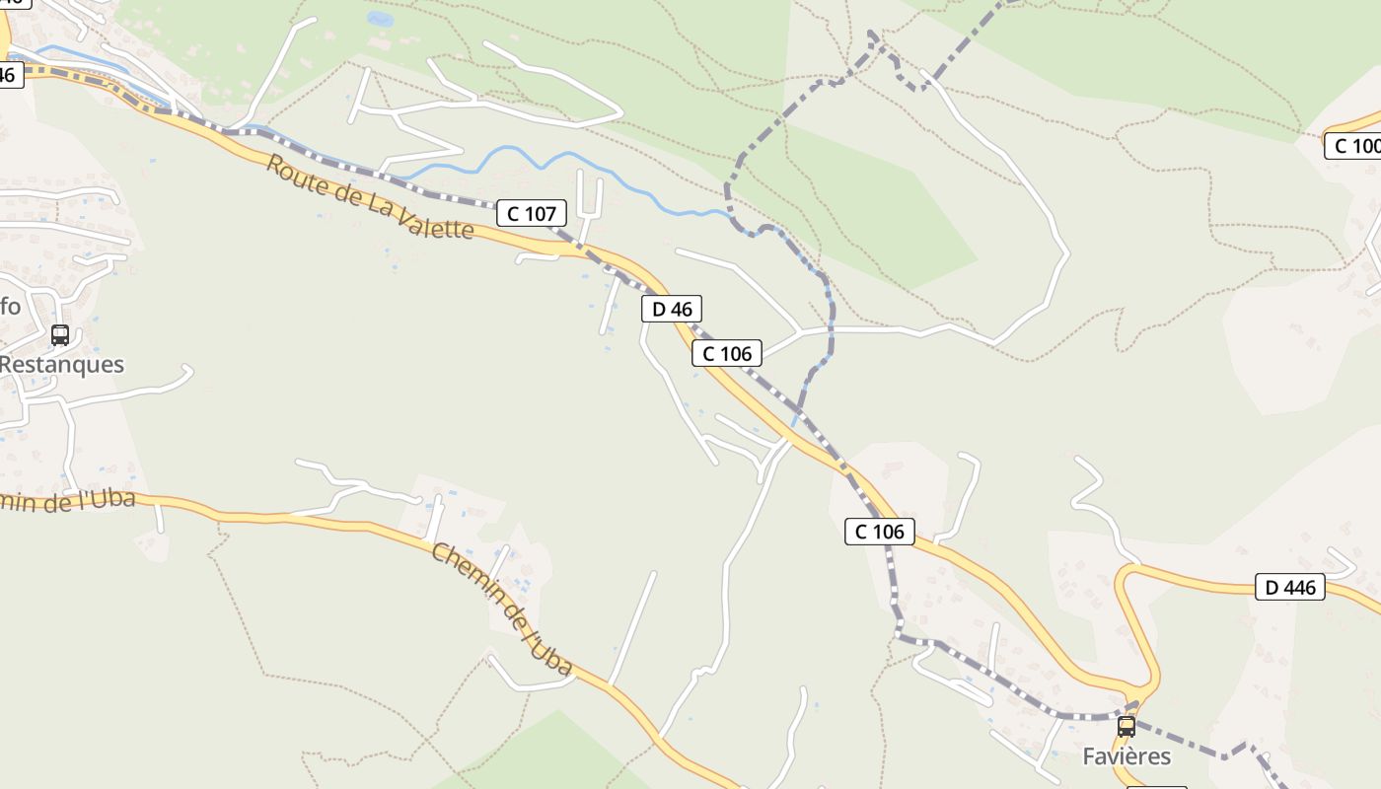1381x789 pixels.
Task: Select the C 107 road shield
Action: [532, 212]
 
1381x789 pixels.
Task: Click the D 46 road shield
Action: [672, 309]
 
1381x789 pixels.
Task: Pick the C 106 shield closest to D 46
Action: [727, 353]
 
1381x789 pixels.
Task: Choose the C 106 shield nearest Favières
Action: [880, 532]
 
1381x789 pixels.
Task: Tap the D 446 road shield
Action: [1290, 588]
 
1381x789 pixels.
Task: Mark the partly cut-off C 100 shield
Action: [1353, 146]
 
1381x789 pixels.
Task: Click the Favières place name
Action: [1127, 756]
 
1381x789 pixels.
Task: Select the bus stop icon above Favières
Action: [1126, 727]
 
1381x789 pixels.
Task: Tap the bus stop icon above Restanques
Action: [60, 335]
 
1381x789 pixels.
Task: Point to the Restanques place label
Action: [61, 364]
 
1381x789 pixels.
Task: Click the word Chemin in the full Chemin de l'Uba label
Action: [464, 572]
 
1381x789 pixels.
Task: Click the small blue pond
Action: [379, 19]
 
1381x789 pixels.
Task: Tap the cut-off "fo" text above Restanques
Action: [10, 306]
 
